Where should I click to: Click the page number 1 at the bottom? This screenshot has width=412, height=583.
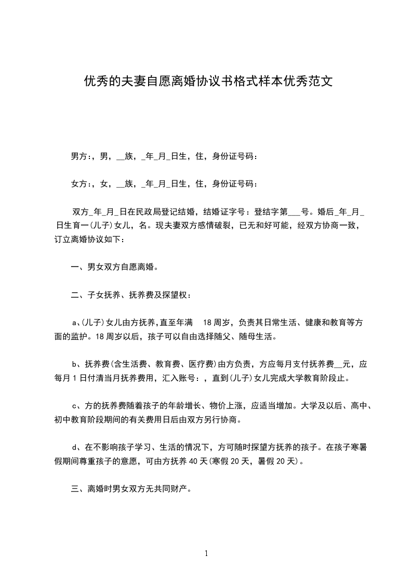click(x=206, y=553)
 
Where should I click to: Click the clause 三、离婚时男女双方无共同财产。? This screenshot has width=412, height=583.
click(x=132, y=488)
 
